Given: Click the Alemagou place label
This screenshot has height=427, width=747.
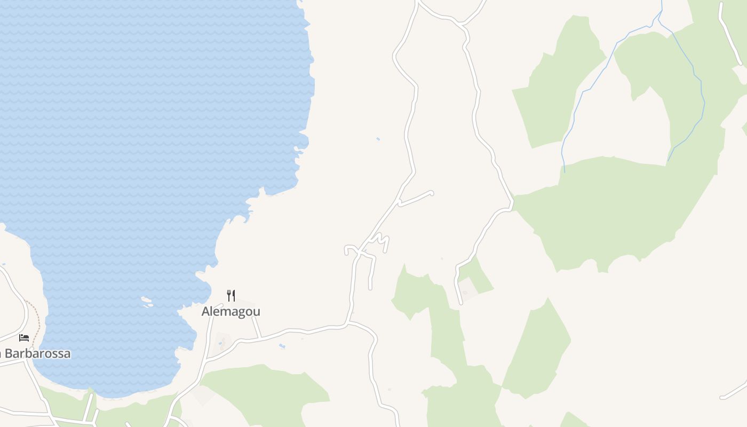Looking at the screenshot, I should click(x=231, y=311).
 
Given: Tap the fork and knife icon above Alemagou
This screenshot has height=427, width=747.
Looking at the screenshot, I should click(x=231, y=295).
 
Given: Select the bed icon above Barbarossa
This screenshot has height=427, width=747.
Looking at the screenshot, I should click(x=24, y=337).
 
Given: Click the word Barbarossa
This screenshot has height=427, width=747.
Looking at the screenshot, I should click(x=37, y=354).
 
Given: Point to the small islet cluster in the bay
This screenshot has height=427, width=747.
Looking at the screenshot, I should click(x=147, y=302).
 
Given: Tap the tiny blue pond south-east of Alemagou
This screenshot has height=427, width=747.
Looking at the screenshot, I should click(x=282, y=346).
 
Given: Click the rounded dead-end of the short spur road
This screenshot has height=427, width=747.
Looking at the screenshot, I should click(x=431, y=193).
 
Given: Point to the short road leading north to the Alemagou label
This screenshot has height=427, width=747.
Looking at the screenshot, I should click(x=257, y=327).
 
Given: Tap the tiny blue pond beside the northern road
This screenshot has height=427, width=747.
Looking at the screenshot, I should click(x=378, y=139).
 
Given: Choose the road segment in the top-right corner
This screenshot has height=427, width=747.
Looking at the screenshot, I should click(x=729, y=32).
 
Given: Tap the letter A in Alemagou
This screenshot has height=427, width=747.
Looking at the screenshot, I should click(x=206, y=311).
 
